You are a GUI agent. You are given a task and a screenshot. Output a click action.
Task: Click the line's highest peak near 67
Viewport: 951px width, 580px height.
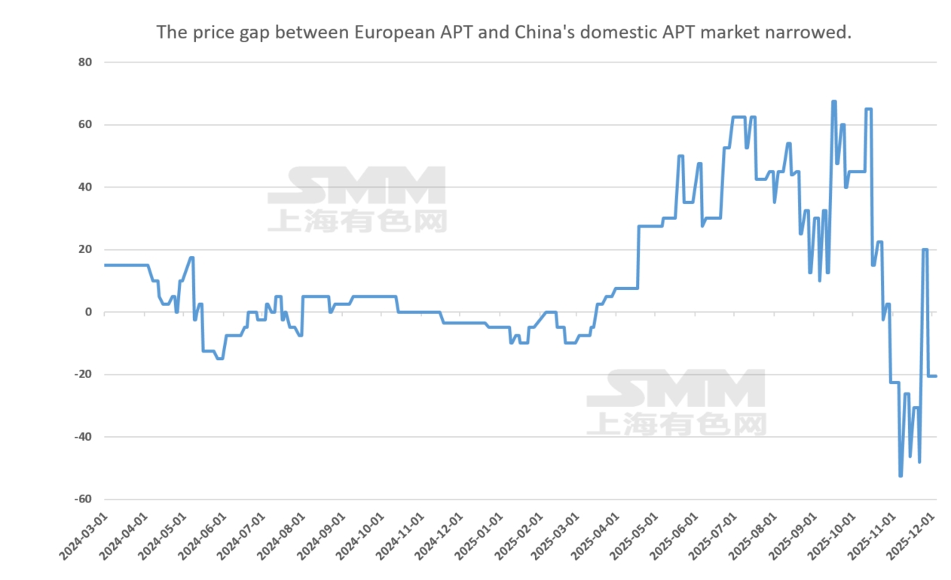833,102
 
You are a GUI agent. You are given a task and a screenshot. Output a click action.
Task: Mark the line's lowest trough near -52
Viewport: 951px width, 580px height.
901,475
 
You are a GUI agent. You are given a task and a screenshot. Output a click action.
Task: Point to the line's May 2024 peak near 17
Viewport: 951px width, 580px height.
191,258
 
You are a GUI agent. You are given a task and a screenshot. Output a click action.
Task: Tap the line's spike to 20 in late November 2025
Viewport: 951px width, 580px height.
925,250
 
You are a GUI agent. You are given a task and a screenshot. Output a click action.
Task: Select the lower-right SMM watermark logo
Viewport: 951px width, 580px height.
676,401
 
